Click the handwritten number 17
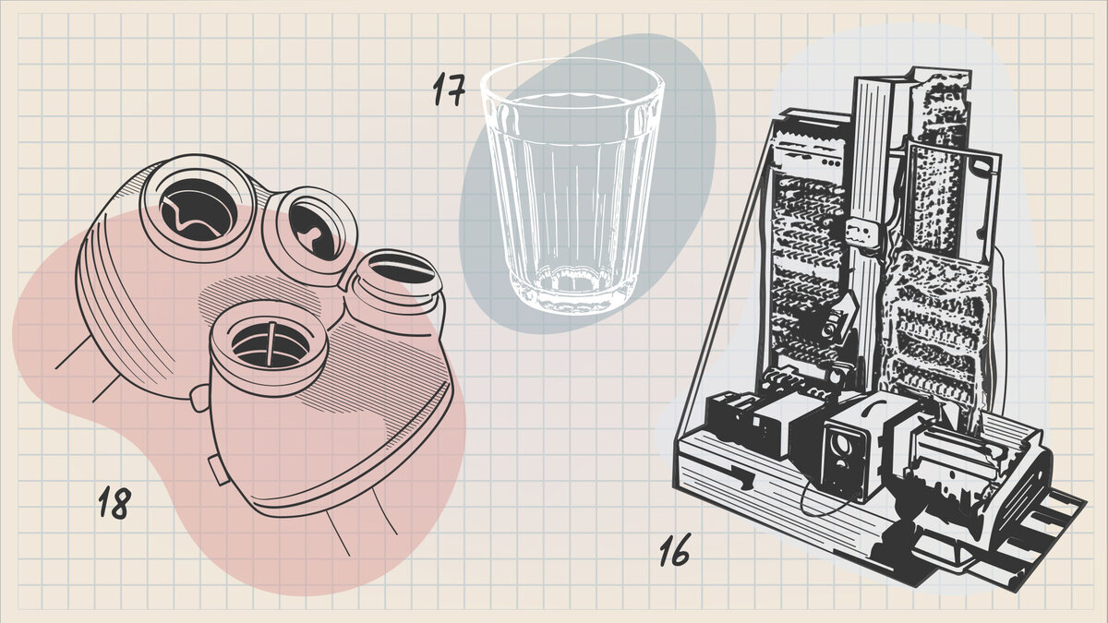tap(449, 90)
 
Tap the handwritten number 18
tap(114, 503)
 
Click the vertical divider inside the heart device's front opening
tap(271, 343)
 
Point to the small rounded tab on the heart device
tap(199, 399)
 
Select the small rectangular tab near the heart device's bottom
tap(218, 471)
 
